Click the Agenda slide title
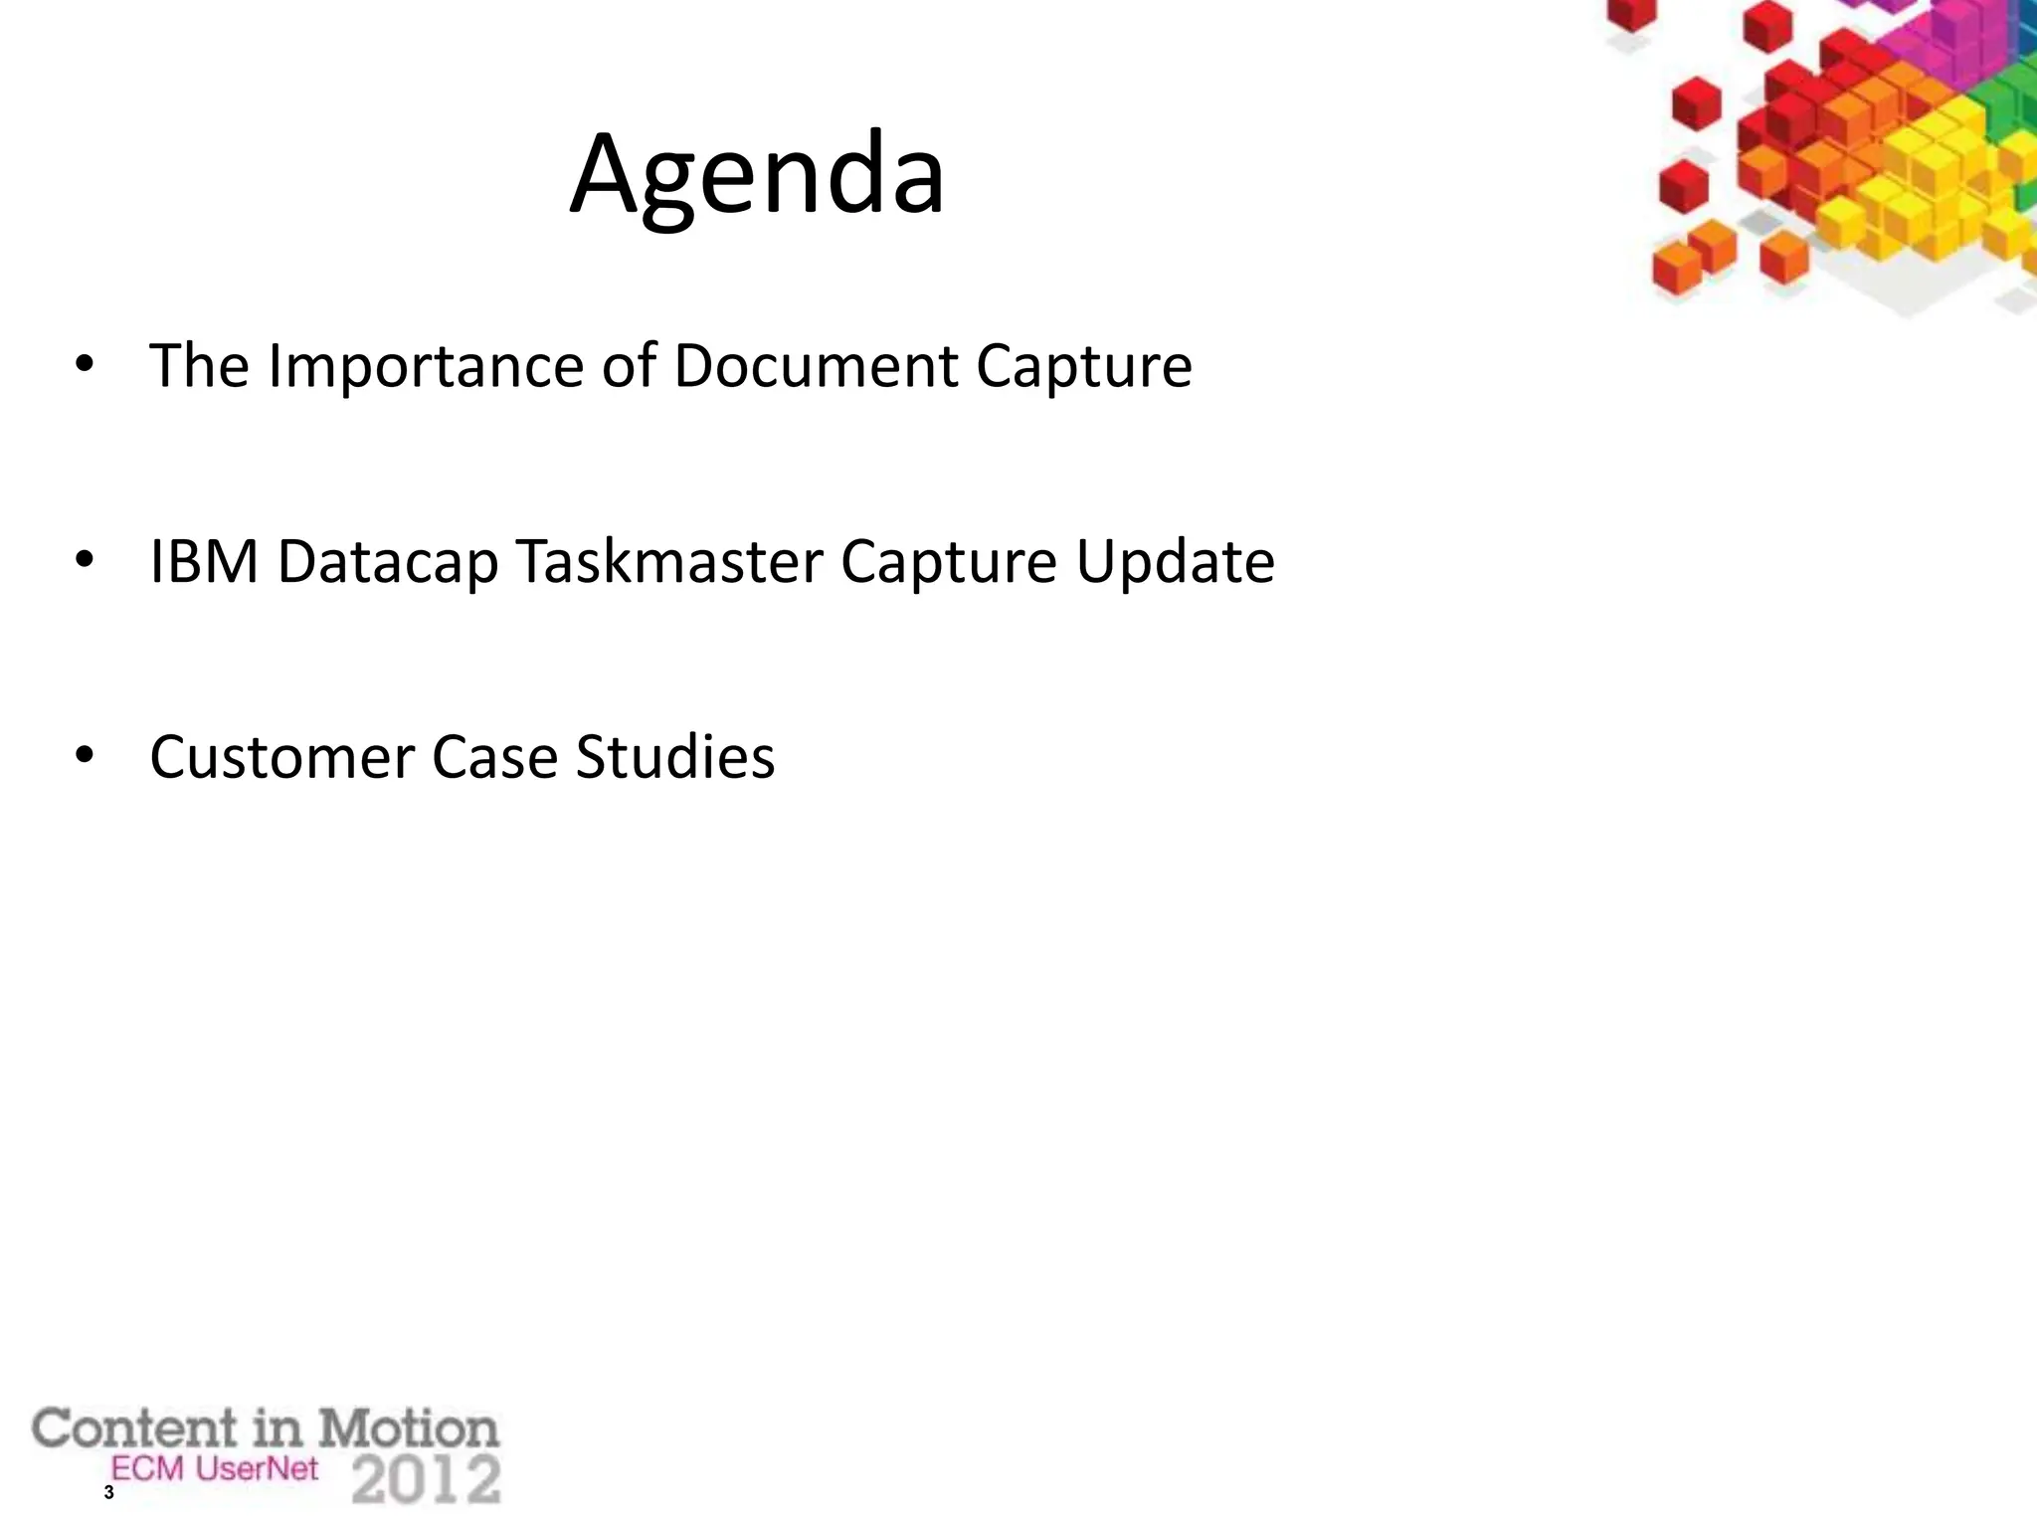757,176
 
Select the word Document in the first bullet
816,365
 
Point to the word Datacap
387,563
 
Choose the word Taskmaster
669,561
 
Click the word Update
1175,563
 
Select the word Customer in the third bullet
281,757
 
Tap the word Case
494,757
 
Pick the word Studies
675,757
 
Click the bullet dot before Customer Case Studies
85,757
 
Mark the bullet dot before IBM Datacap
85,561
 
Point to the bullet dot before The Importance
85,365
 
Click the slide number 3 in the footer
108,1493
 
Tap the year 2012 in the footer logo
427,1480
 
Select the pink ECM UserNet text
215,1468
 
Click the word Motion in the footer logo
408,1430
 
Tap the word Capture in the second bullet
949,563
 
